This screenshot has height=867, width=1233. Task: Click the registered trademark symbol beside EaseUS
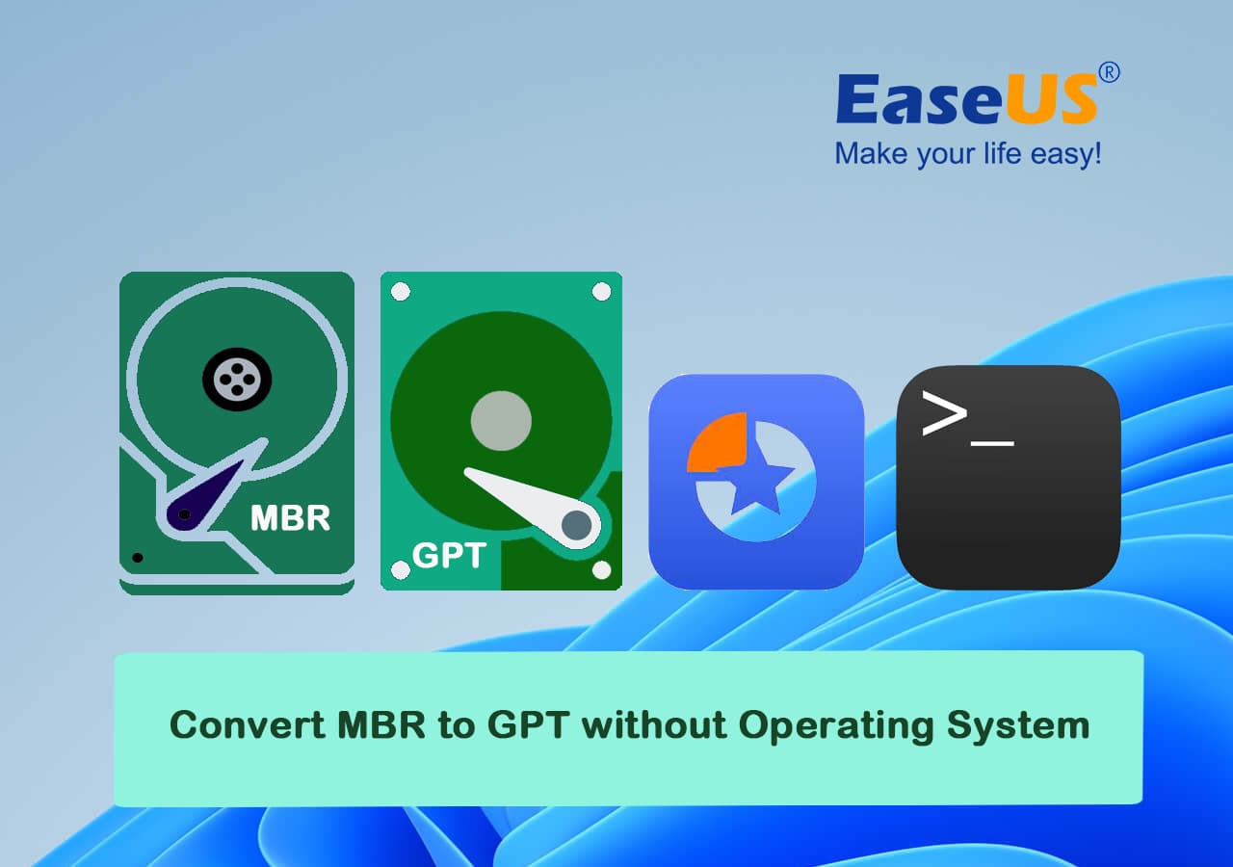1109,72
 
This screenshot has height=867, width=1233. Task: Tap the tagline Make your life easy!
968,153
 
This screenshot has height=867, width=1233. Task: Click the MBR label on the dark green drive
290,518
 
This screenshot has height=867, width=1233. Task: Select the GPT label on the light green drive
449,555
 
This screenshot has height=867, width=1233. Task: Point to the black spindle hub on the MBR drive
237,380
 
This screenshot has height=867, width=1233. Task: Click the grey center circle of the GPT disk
501,421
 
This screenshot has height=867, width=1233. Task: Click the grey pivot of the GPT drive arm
576,525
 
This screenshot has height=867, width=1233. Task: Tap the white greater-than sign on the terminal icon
944,413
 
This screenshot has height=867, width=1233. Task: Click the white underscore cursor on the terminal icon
992,442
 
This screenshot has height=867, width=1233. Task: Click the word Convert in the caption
248,725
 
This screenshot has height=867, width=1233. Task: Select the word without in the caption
654,724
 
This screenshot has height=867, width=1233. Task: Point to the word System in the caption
1018,726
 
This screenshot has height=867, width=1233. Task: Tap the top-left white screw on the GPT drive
400,292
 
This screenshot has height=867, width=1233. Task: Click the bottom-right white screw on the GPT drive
601,569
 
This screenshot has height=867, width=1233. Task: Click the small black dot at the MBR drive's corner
138,558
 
